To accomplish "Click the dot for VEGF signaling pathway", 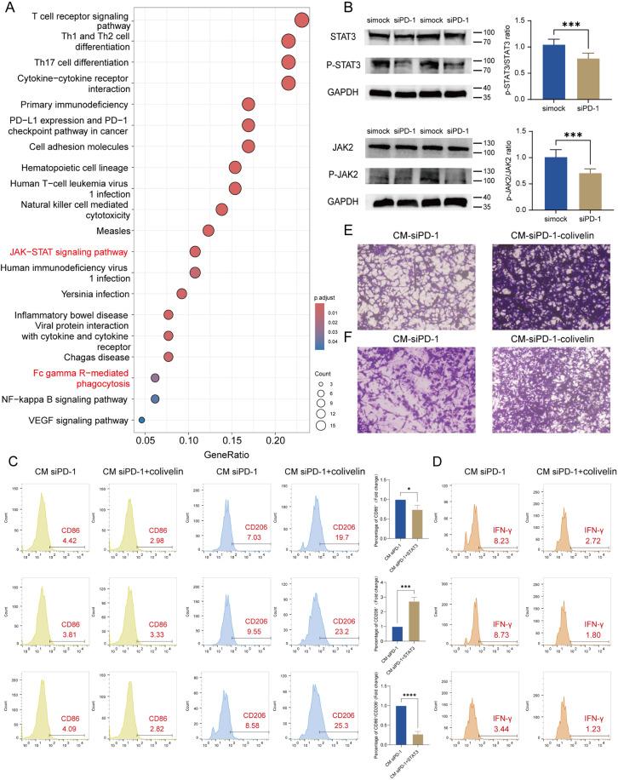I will [x=141, y=419].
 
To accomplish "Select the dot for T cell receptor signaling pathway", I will [x=301, y=20].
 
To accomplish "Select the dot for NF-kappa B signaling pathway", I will [x=155, y=399].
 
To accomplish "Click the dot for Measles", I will [x=209, y=231].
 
